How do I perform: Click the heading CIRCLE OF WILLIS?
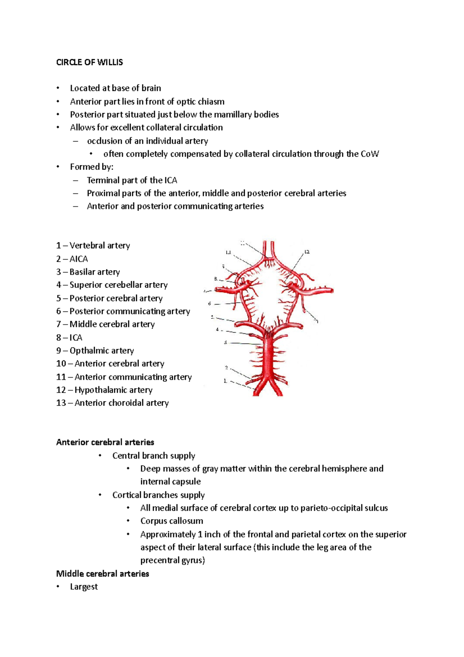[x=89, y=62]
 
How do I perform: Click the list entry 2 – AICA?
[x=72, y=259]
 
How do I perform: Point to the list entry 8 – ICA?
[x=69, y=337]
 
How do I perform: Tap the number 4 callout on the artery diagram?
[x=217, y=330]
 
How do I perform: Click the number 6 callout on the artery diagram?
[x=210, y=304]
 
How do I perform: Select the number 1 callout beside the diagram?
[x=225, y=381]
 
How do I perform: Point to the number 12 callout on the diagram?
[x=307, y=252]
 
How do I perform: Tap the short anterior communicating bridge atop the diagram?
[x=268, y=257]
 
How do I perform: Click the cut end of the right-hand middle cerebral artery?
[x=331, y=290]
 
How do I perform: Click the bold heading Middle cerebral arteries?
[x=102, y=573]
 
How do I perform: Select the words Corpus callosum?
[x=172, y=521]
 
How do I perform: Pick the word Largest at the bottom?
[x=84, y=587]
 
